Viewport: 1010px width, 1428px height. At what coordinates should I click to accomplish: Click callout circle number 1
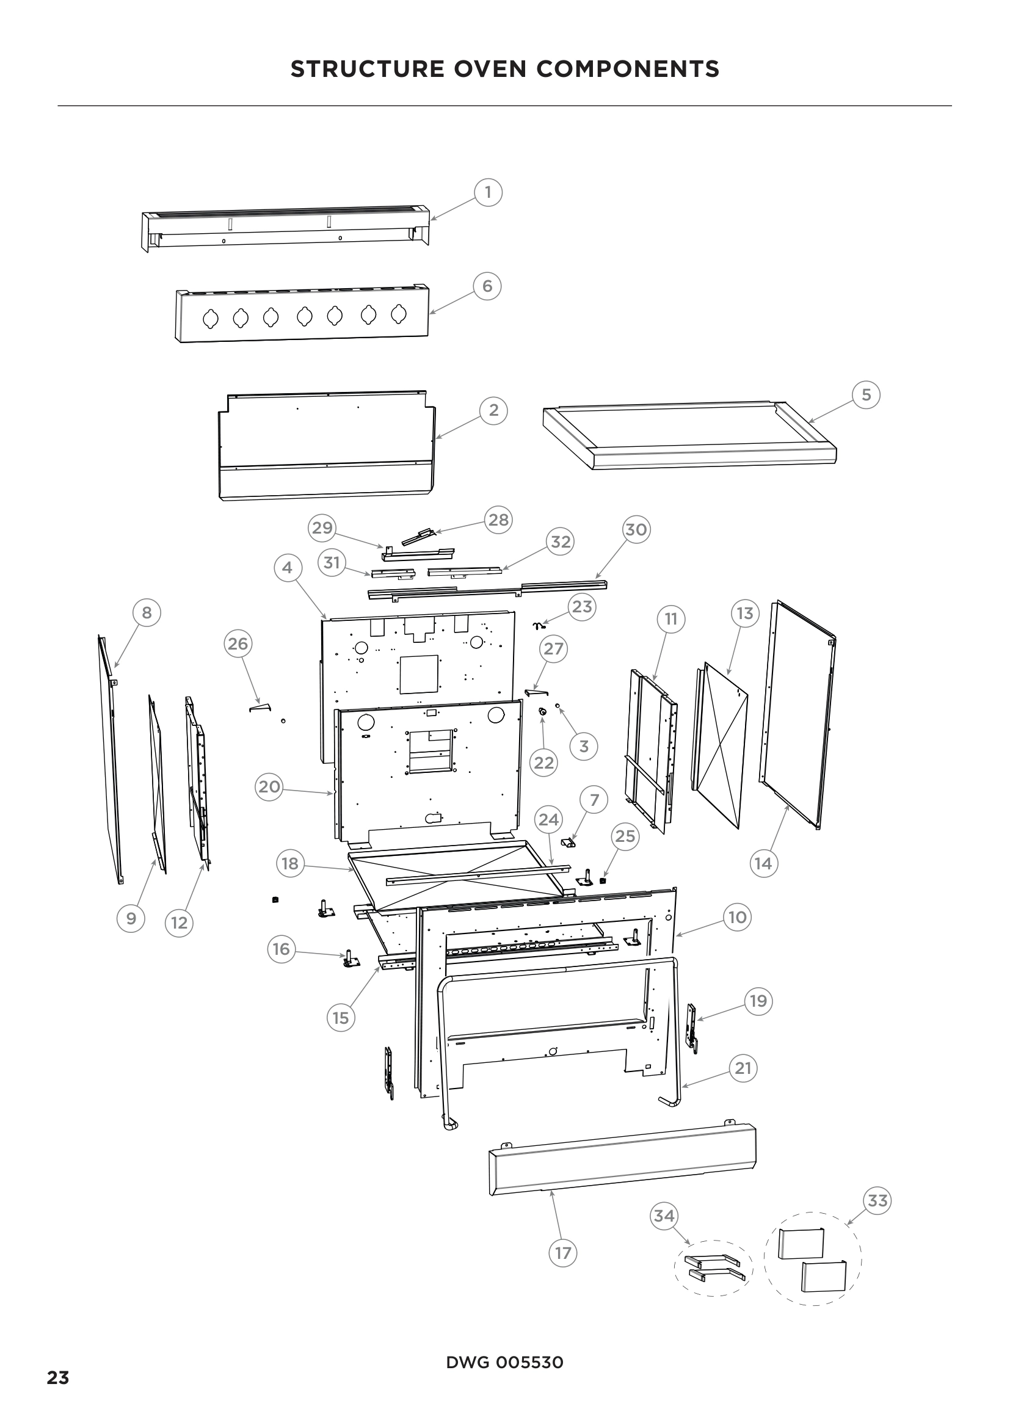489,192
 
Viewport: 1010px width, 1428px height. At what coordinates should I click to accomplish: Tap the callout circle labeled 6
487,286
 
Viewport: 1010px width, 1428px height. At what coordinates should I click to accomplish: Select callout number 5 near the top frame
866,395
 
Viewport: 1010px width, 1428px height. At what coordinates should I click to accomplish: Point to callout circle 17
563,1253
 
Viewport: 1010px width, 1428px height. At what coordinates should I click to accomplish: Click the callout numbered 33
877,1200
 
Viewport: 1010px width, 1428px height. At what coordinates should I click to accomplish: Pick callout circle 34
664,1216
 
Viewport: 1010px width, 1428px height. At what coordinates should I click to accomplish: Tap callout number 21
743,1068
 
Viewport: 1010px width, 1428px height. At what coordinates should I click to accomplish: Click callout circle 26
238,643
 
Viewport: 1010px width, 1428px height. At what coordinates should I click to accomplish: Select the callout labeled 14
763,863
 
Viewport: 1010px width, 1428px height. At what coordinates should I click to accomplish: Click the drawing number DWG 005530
504,1363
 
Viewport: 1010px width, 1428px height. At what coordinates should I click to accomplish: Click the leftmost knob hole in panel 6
211,319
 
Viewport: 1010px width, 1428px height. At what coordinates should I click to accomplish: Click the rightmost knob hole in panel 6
399,314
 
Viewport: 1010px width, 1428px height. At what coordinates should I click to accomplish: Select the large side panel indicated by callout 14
798,716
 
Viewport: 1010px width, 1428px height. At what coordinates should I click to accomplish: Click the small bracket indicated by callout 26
261,706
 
